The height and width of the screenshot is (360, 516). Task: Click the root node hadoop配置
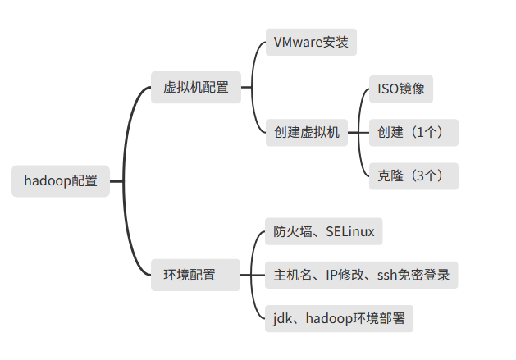click(x=61, y=181)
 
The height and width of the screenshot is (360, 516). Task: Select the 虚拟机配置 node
click(x=196, y=87)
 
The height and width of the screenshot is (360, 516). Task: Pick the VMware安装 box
click(x=311, y=42)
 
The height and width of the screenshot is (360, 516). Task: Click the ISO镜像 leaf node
click(x=400, y=88)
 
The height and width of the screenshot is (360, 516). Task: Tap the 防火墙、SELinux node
click(x=323, y=231)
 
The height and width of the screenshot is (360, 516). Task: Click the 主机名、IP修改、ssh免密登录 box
click(x=361, y=275)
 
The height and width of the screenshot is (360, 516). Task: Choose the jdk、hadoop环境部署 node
click(x=339, y=318)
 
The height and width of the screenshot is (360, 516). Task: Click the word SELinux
click(x=349, y=231)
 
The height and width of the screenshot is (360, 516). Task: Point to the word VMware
click(x=298, y=42)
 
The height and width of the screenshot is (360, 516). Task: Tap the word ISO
click(x=387, y=88)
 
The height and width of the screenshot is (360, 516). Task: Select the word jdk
click(x=282, y=318)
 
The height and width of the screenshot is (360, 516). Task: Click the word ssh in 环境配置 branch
click(x=387, y=275)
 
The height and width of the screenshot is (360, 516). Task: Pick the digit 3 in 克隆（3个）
click(x=421, y=175)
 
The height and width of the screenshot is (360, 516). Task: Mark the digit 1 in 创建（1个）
click(x=421, y=132)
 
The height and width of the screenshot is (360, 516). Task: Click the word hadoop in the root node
click(x=48, y=181)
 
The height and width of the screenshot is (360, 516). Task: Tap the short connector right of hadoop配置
click(x=116, y=181)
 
